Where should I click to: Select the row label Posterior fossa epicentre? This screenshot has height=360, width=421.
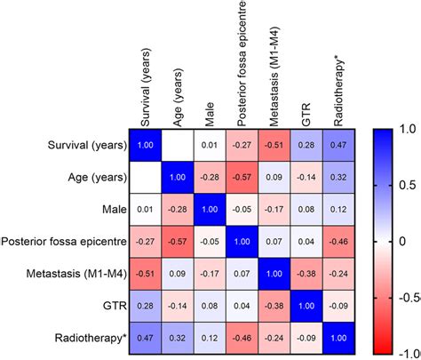tap(62, 240)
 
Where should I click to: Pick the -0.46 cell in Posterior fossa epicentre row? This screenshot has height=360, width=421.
tap(340, 240)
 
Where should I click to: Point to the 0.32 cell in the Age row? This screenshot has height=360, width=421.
tap(340, 176)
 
